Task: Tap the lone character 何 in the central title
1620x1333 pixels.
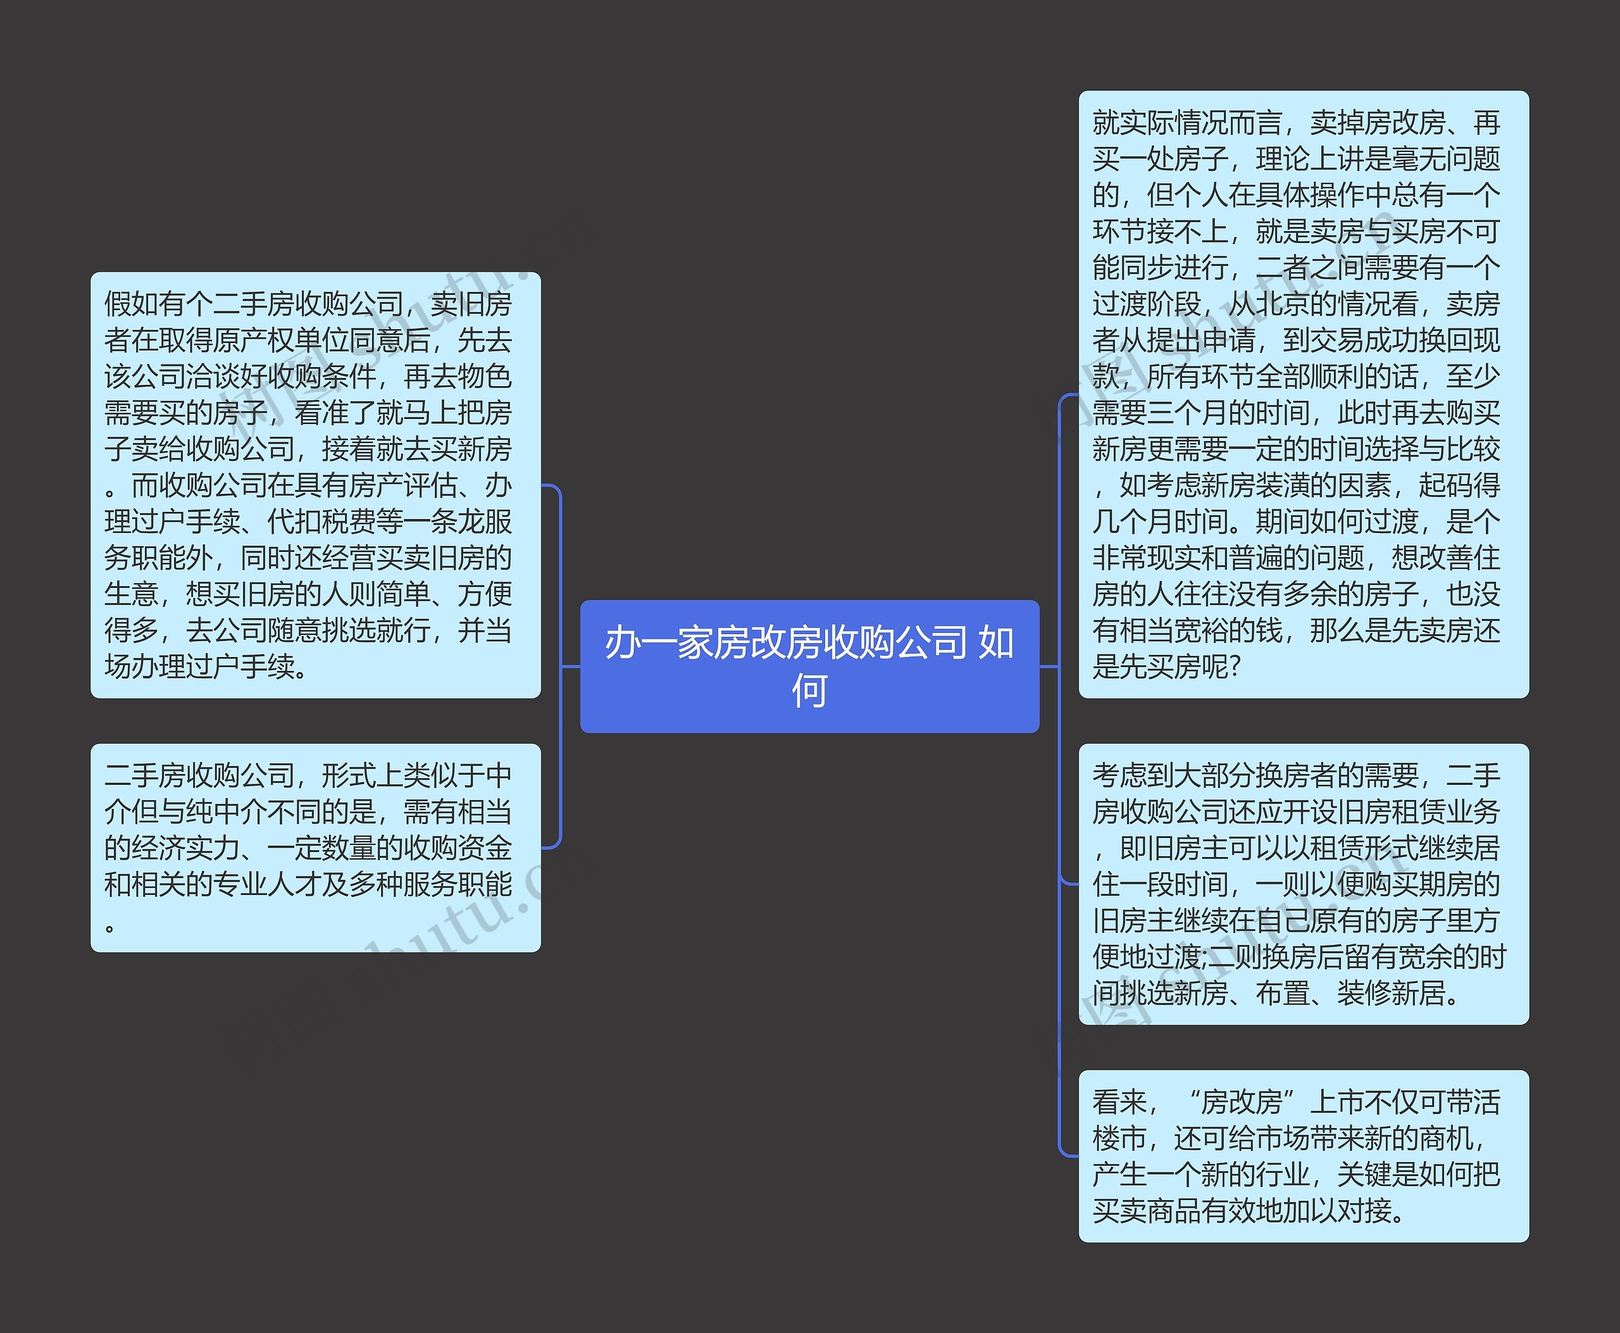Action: coord(809,691)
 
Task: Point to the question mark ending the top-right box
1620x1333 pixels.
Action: coord(1235,666)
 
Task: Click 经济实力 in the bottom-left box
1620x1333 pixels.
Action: coord(186,848)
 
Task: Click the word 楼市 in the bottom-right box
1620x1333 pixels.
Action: coord(1119,1138)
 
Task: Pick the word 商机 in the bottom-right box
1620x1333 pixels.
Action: coord(1446,1138)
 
